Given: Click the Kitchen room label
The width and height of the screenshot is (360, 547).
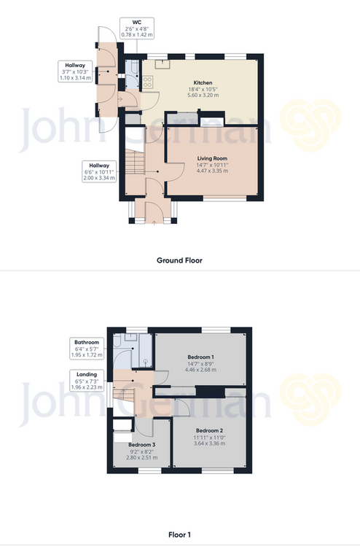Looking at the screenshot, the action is (203, 82).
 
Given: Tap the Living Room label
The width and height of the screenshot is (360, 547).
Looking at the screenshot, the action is (212, 158).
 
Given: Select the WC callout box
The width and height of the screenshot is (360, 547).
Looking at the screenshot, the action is (137, 28).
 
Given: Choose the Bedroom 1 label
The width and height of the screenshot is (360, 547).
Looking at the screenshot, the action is (200, 357).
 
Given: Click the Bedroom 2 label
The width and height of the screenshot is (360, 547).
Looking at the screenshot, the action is (209, 430).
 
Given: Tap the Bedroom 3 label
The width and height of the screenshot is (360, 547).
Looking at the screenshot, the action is (142, 445).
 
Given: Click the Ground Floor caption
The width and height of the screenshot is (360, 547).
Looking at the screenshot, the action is (179, 260).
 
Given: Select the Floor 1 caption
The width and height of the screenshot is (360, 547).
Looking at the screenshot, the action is (179, 535).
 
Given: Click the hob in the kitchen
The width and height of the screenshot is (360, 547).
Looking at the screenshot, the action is (147, 82).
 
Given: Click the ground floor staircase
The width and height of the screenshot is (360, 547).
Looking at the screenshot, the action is (135, 162).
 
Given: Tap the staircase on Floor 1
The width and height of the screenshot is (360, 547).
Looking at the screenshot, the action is (124, 401).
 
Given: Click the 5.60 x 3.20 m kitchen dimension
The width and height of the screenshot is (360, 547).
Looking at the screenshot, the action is (203, 95).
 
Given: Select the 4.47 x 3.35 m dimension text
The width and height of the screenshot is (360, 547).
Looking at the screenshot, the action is (212, 171).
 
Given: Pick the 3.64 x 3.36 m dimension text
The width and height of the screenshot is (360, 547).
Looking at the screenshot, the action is (209, 443).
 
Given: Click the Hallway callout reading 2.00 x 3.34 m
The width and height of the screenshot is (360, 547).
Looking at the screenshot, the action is (99, 171).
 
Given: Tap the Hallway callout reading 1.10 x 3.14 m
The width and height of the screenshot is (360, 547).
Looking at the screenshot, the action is (75, 71).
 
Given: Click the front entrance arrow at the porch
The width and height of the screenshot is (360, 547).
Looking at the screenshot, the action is (154, 222).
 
